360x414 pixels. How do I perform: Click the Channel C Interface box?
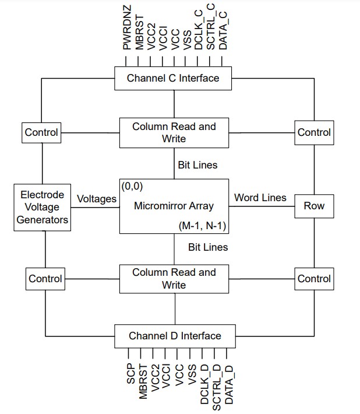click(174, 78)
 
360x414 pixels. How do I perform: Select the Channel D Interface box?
click(175, 336)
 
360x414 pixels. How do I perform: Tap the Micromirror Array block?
click(174, 205)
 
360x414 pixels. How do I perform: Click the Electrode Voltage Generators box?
click(42, 206)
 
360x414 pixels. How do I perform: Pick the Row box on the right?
click(314, 206)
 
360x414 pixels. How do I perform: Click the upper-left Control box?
click(41, 132)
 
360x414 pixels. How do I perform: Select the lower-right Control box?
click(314, 279)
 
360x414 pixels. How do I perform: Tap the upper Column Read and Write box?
click(174, 132)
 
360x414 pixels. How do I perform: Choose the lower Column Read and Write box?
click(174, 278)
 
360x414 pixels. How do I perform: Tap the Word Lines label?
click(260, 198)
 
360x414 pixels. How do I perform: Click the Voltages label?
click(97, 199)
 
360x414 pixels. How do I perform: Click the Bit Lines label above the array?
click(197, 165)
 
